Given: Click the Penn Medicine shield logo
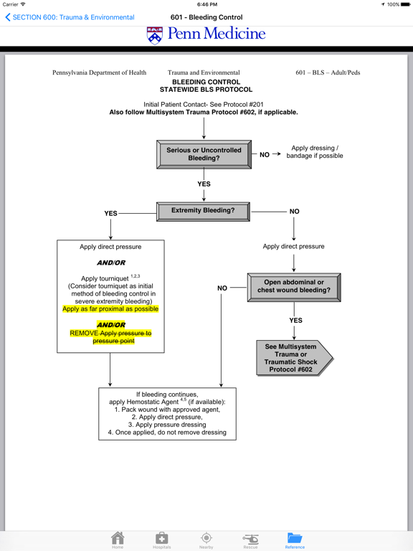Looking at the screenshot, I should (154, 35).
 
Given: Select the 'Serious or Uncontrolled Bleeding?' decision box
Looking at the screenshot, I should (204, 154).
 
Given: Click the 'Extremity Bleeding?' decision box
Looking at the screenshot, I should (203, 211).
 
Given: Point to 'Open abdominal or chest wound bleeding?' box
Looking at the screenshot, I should (294, 286).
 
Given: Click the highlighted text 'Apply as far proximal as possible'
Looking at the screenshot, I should (110, 309).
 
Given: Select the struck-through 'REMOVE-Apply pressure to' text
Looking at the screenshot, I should (110, 333).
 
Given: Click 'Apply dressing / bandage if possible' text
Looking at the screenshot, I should (314, 152).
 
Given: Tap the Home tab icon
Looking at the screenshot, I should (118, 539).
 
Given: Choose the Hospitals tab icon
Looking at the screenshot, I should (161, 539).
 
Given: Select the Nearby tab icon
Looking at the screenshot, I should (206, 539).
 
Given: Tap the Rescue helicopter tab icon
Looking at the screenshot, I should (250, 539).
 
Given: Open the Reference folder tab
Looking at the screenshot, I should (295, 539).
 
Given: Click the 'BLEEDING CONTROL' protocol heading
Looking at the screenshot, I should (206, 83).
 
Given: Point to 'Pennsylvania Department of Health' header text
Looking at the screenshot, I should (99, 72).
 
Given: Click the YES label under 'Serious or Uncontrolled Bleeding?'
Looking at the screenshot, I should (204, 184).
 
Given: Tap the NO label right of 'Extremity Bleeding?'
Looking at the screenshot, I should (294, 212).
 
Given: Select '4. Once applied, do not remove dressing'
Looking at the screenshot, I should (167, 433).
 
